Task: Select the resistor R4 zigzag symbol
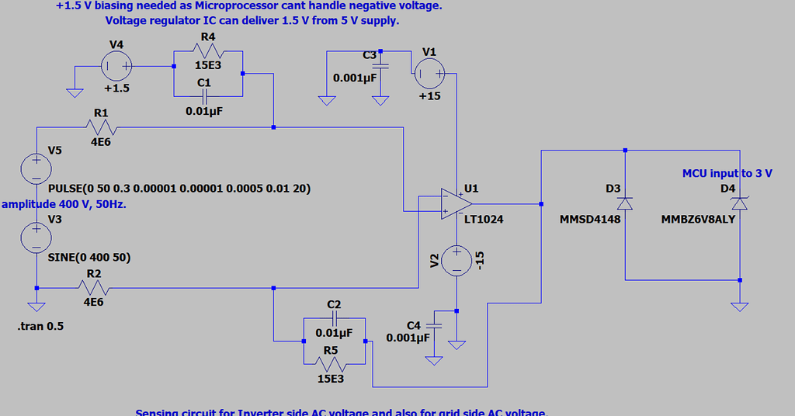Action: click(x=207, y=51)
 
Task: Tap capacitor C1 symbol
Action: click(x=205, y=95)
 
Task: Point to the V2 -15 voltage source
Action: click(x=456, y=262)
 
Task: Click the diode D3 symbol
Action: click(x=625, y=203)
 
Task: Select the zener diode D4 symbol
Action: click(x=740, y=203)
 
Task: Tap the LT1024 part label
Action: click(x=483, y=220)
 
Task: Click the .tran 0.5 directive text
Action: click(x=40, y=326)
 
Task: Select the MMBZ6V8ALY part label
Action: click(x=697, y=220)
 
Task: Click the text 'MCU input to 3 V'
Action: click(x=727, y=173)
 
